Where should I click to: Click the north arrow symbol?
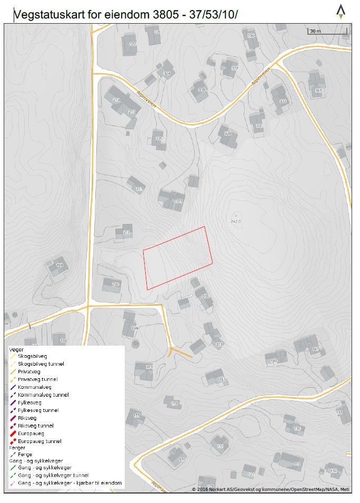click(341, 12)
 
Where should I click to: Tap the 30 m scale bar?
click(327, 33)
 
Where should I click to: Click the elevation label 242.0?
click(235, 222)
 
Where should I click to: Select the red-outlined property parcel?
click(178, 258)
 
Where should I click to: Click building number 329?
click(228, 134)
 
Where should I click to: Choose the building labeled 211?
click(126, 232)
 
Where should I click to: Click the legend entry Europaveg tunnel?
click(39, 441)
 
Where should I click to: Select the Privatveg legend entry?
click(29, 371)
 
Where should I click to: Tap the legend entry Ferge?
click(25, 454)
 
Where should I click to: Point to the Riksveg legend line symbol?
click(13, 418)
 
